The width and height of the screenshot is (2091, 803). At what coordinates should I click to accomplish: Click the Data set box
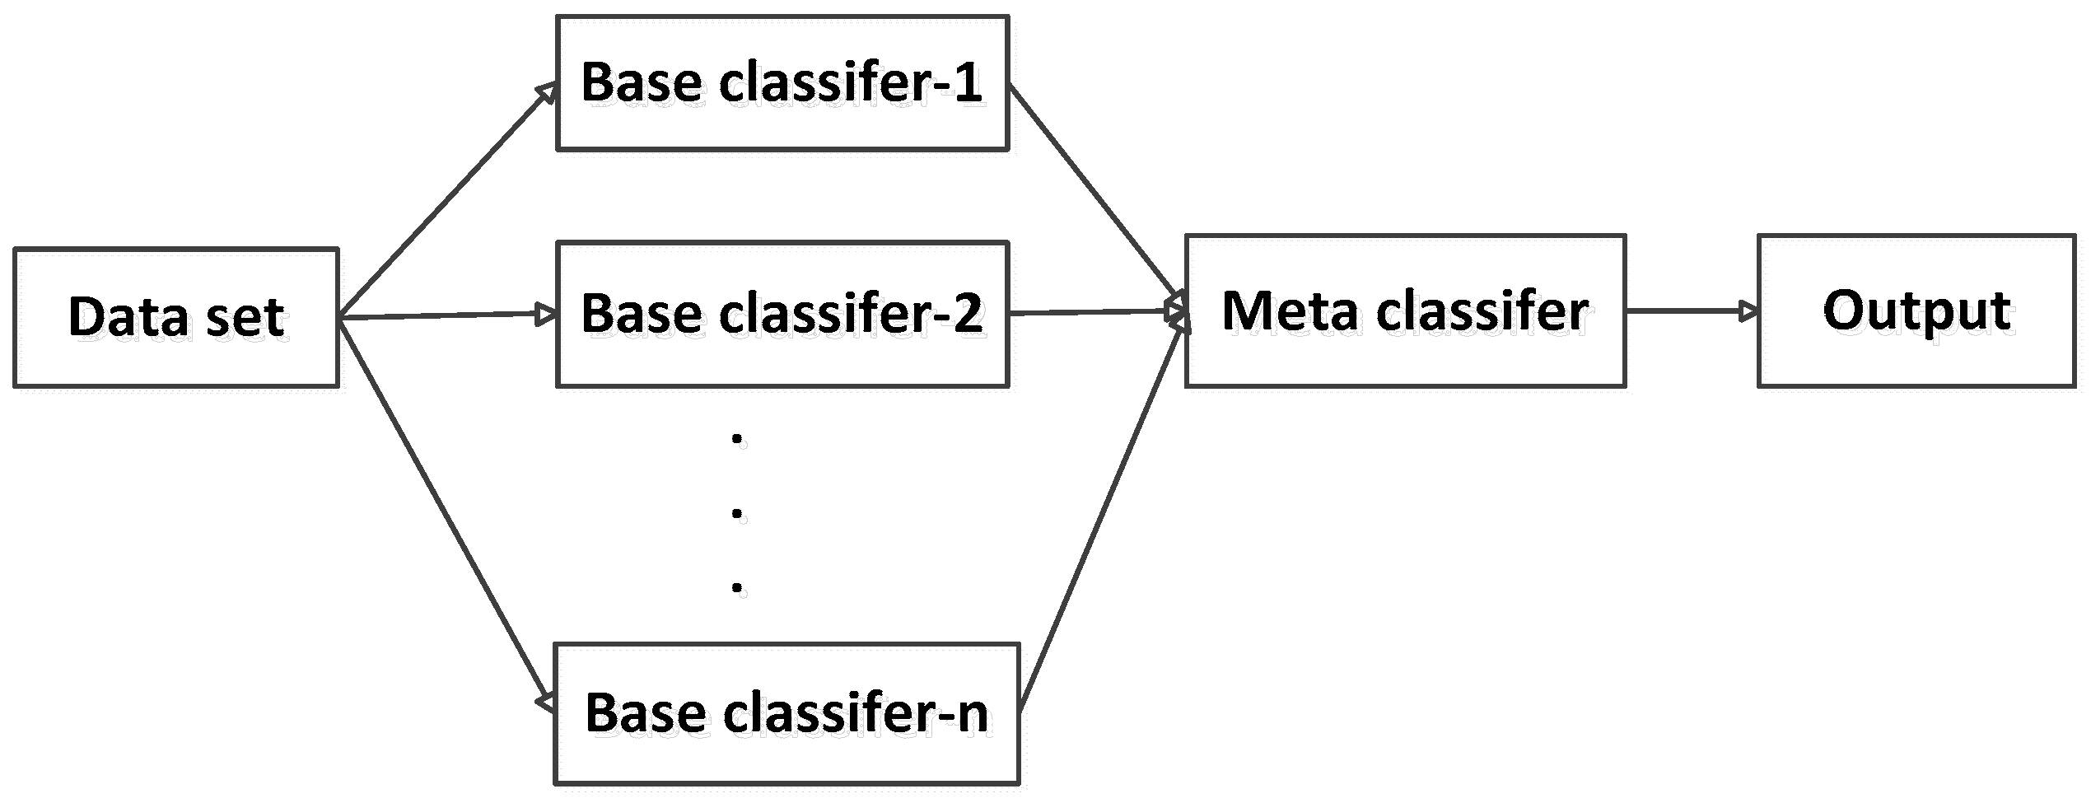[x=175, y=317]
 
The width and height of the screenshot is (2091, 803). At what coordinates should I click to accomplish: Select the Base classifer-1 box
[x=782, y=82]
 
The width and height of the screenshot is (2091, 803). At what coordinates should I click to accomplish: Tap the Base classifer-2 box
[x=782, y=314]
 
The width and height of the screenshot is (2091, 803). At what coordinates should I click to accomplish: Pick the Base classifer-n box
[x=786, y=712]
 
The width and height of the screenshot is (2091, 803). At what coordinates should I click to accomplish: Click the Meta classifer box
[x=1405, y=310]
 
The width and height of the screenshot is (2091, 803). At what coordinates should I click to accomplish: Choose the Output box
[x=1916, y=310]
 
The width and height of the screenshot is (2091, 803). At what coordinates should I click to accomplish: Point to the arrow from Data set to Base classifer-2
[x=445, y=315]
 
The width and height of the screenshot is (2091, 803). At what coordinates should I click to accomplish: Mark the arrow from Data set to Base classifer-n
[x=445, y=511]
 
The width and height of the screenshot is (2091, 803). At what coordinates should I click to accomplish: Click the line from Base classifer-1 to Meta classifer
[x=1095, y=198]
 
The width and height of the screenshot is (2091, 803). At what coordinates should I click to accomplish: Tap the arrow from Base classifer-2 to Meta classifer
[x=1095, y=312]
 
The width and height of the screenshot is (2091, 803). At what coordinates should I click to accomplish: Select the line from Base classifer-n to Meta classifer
[x=1104, y=519]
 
